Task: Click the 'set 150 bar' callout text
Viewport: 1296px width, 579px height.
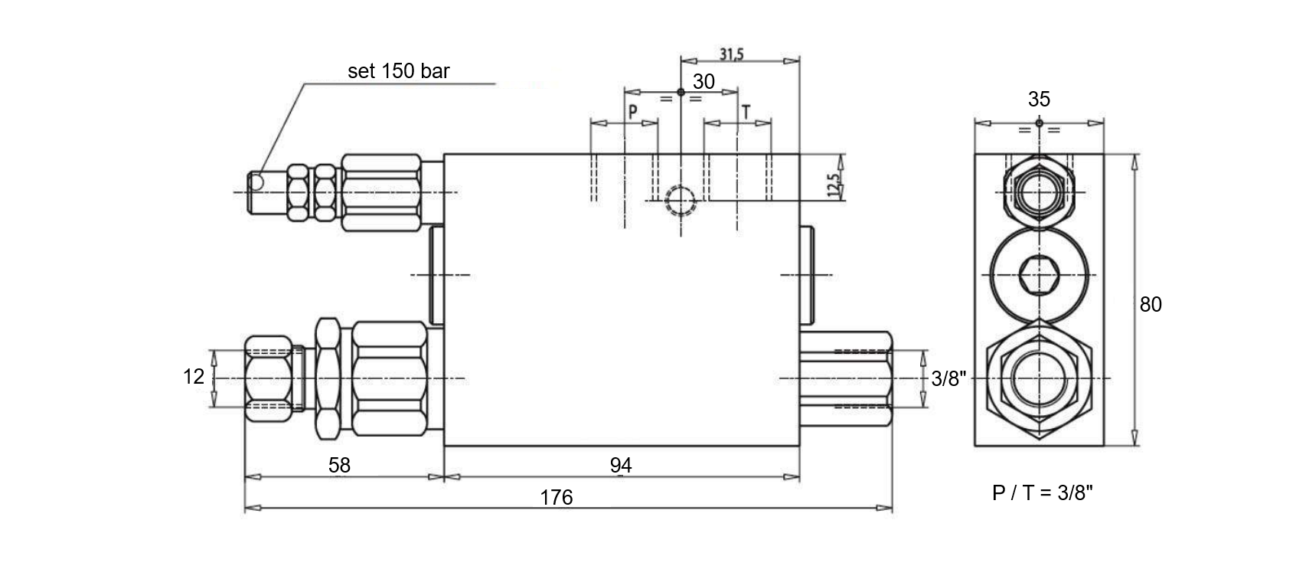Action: point(398,71)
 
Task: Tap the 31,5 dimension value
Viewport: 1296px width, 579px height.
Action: point(732,54)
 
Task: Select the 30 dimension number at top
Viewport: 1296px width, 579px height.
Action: point(703,82)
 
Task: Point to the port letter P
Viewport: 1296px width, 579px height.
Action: point(633,112)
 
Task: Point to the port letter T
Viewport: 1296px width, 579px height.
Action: point(746,112)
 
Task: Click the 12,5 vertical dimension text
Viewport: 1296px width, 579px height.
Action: point(835,184)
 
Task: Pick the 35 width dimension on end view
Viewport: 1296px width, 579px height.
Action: point(1039,99)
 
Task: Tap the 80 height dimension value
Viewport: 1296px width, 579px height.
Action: point(1151,305)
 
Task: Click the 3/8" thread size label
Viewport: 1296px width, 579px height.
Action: point(948,378)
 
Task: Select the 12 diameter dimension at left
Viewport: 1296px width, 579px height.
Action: point(194,376)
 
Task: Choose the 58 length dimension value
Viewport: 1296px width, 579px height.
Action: point(338,465)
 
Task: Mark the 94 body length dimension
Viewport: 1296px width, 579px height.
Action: point(621,465)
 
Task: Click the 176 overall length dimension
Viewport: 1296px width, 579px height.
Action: point(557,498)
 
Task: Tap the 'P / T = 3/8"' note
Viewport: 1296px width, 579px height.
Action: point(1043,493)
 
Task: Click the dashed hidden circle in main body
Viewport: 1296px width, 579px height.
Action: point(680,201)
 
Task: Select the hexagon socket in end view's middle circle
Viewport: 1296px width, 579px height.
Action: point(1039,274)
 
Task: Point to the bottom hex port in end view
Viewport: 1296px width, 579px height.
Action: point(1039,378)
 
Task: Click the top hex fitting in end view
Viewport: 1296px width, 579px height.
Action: point(1039,191)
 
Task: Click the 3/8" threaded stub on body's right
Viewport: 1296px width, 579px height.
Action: point(846,378)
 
